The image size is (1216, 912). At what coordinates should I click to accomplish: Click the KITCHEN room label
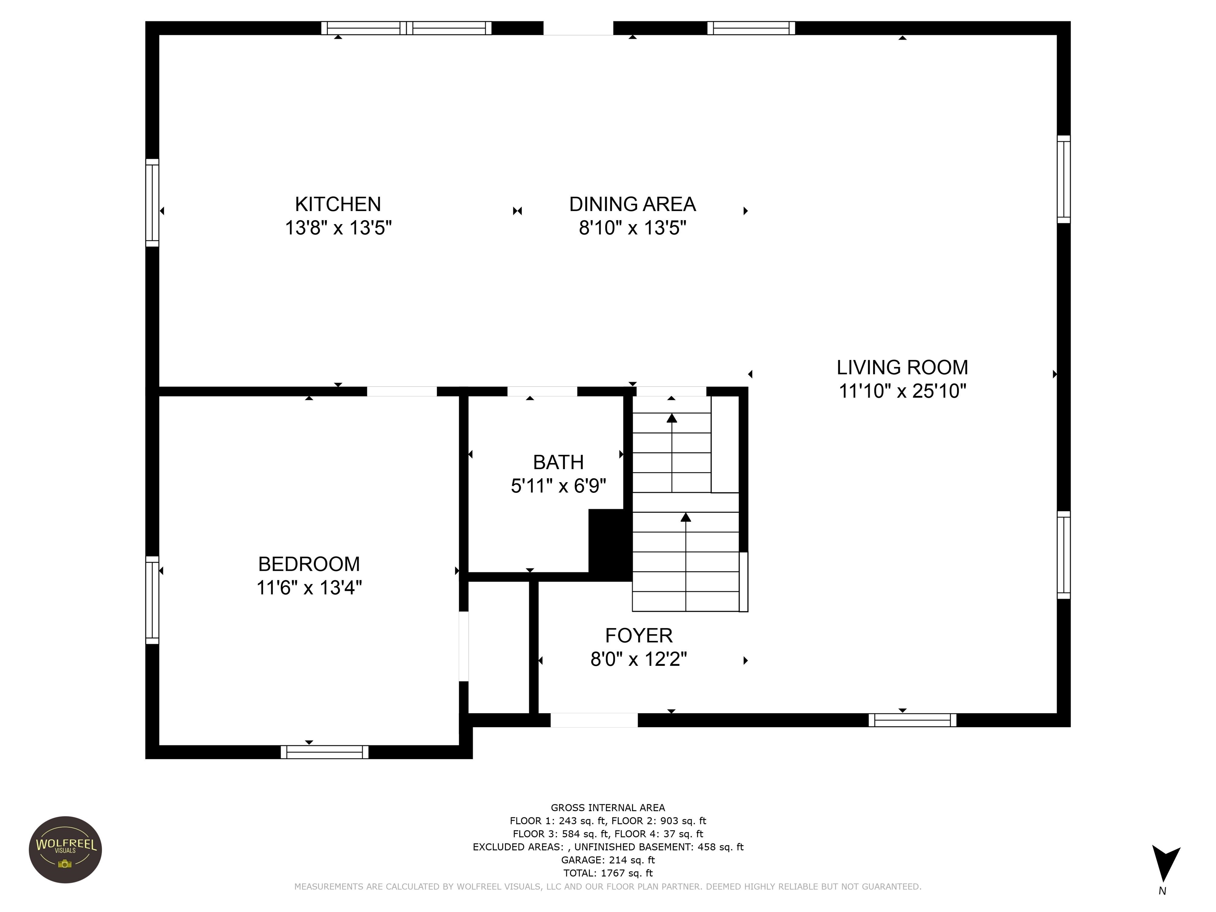coord(338,204)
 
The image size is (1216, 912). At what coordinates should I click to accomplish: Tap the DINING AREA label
coord(632,204)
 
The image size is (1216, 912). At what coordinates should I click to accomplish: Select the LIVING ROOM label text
coord(902,367)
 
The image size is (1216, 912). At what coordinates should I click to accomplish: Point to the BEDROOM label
coord(309,564)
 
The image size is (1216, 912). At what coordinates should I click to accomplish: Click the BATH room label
coord(558,462)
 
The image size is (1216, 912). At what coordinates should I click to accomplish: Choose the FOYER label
coord(639,635)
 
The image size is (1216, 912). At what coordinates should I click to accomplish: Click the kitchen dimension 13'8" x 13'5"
coord(338,228)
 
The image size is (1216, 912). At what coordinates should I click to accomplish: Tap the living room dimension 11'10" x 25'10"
coord(902,391)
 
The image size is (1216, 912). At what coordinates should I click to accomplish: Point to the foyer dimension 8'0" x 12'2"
coord(639,659)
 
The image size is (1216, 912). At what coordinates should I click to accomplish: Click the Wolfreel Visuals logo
coord(65,850)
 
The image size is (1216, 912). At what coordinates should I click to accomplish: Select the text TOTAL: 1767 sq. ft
coord(608,873)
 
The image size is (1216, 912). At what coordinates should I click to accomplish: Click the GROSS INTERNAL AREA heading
coord(608,807)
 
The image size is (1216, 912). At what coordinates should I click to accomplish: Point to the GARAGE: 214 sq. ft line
coord(608,860)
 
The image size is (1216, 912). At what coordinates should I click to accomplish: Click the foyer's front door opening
coord(594,720)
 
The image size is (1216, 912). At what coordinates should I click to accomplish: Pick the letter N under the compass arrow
coord(1162,891)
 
